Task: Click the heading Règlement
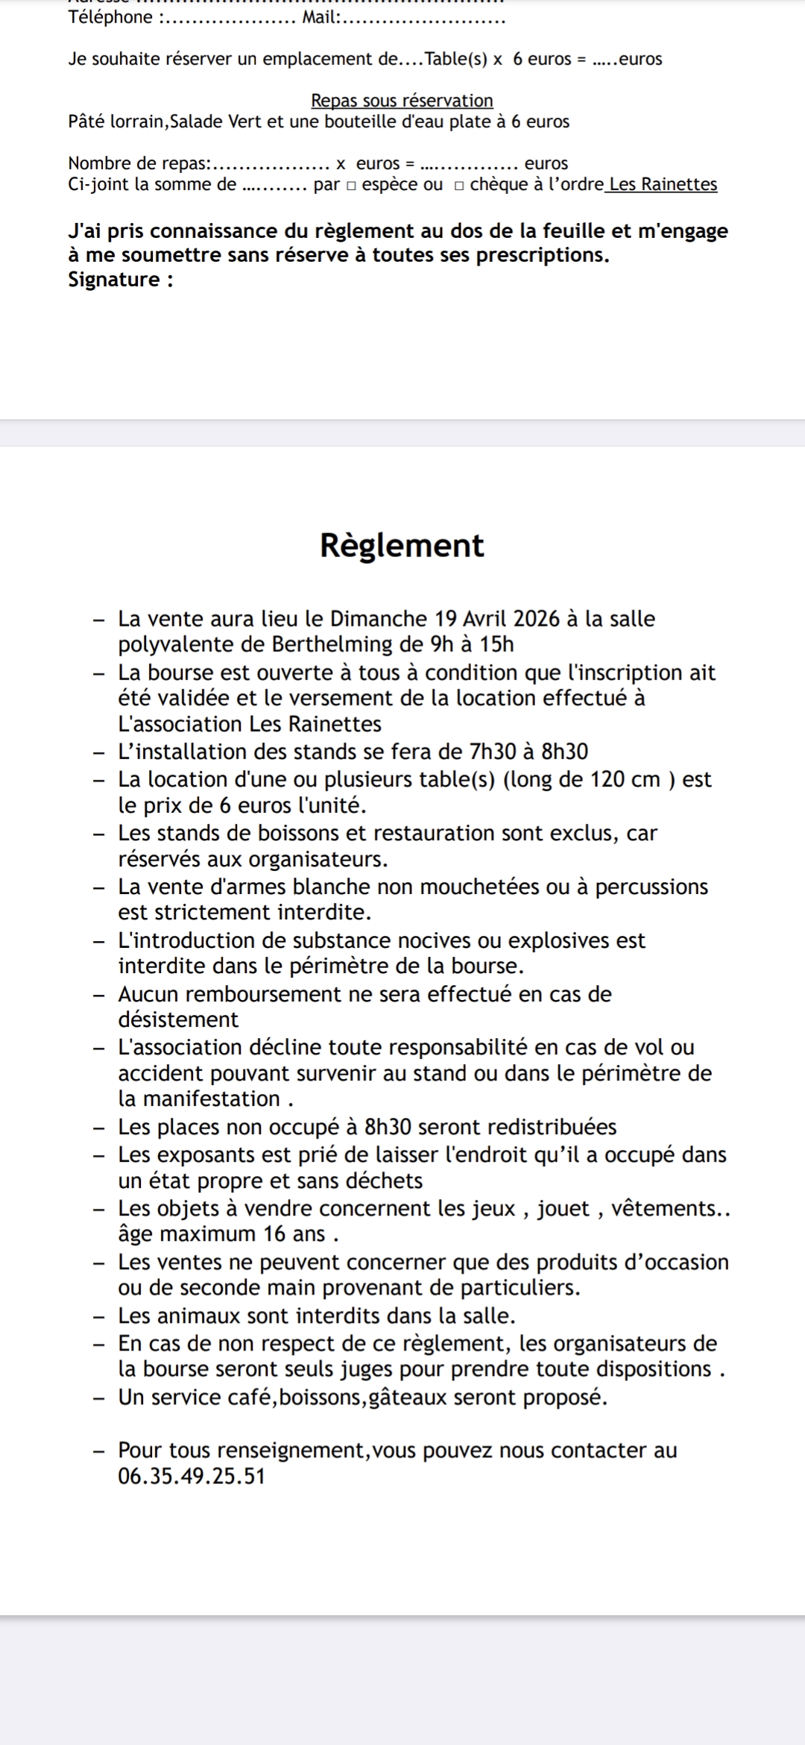pos(402,546)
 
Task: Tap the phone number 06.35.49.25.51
pos(192,1476)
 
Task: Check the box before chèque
pos(460,186)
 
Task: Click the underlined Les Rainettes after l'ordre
pos(663,184)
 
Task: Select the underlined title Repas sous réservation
pos(402,101)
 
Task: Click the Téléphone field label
pos(110,18)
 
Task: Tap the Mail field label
pos(320,18)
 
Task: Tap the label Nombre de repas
pos(139,163)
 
